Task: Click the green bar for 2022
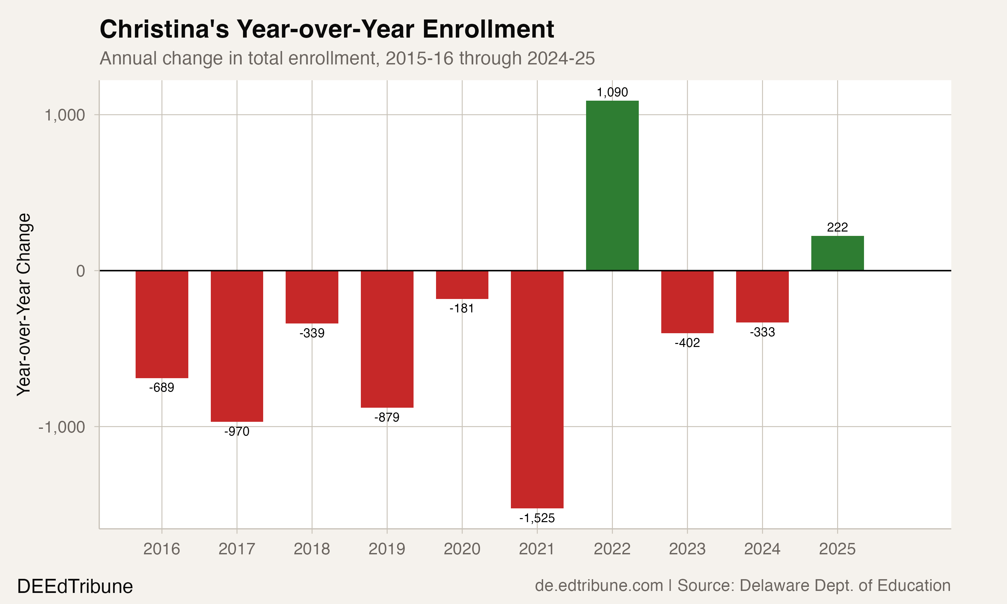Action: [612, 186]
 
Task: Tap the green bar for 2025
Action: [837, 253]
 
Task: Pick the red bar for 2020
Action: [462, 285]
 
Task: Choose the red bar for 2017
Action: [237, 346]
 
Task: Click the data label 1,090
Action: [612, 92]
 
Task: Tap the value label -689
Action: [161, 388]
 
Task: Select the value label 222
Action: [837, 227]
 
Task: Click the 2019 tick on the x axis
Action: [387, 549]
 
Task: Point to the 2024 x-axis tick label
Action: [762, 549]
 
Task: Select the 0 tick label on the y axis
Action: [81, 271]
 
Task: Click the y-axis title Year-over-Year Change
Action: [23, 304]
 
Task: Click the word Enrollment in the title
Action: [488, 29]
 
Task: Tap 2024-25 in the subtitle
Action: [561, 58]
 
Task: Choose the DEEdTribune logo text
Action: [75, 587]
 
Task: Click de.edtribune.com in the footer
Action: [599, 586]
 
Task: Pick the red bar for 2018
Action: [312, 297]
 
